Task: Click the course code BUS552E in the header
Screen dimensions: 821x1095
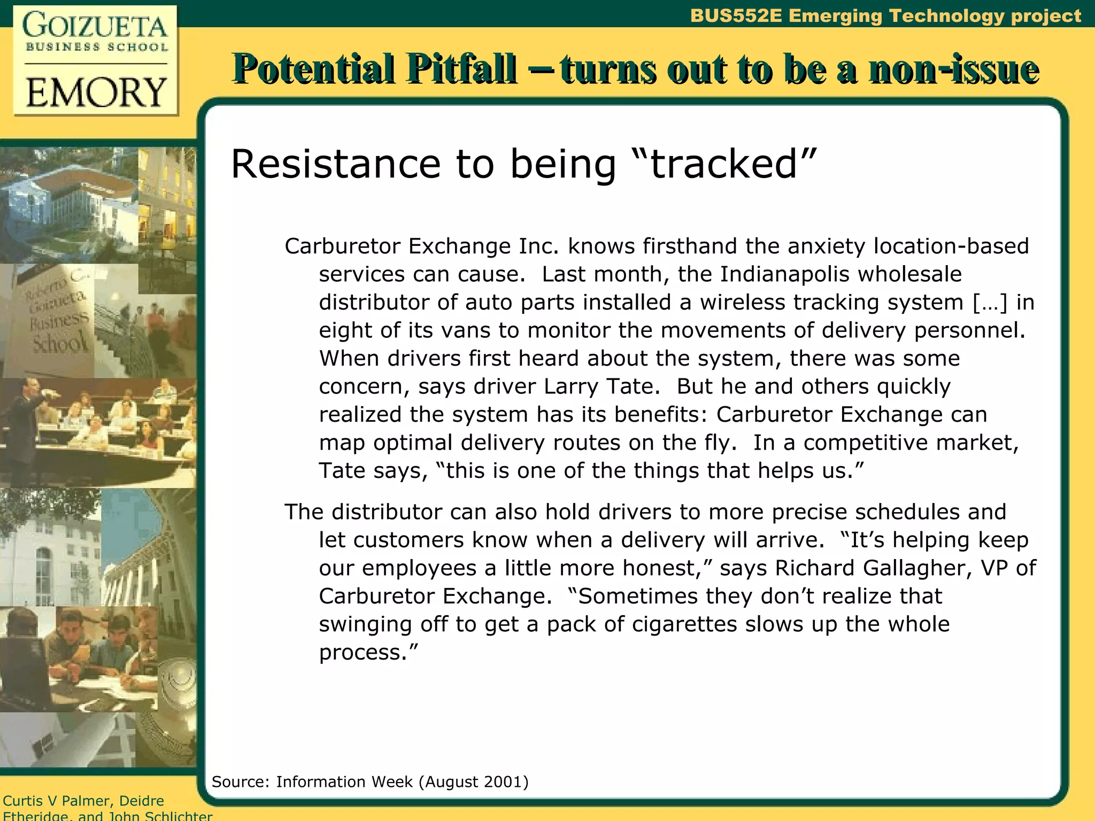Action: pos(736,16)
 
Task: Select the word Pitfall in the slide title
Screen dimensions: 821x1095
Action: pos(461,69)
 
